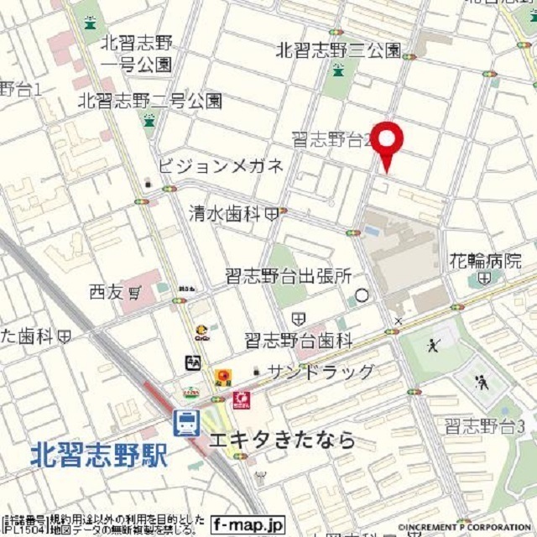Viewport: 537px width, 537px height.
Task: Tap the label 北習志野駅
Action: pos(99,456)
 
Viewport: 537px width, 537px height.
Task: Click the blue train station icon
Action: pos(186,423)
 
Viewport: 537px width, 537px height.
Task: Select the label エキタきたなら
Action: pos(282,441)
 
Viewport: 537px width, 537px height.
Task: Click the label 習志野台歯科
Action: pos(299,340)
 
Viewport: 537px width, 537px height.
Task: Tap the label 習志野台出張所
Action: pos(288,276)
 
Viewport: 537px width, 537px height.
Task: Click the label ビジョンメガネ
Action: pos(221,165)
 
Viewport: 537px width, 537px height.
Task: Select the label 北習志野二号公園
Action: pos(150,101)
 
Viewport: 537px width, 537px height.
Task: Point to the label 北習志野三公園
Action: pos(338,50)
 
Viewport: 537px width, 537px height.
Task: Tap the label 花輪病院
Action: pos(485,260)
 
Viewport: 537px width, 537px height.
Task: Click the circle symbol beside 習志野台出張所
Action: pos(362,295)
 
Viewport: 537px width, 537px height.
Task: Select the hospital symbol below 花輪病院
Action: pos(484,278)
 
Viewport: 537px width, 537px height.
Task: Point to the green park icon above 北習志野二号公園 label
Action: pos(149,120)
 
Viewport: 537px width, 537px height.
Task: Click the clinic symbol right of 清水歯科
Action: pos(271,214)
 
